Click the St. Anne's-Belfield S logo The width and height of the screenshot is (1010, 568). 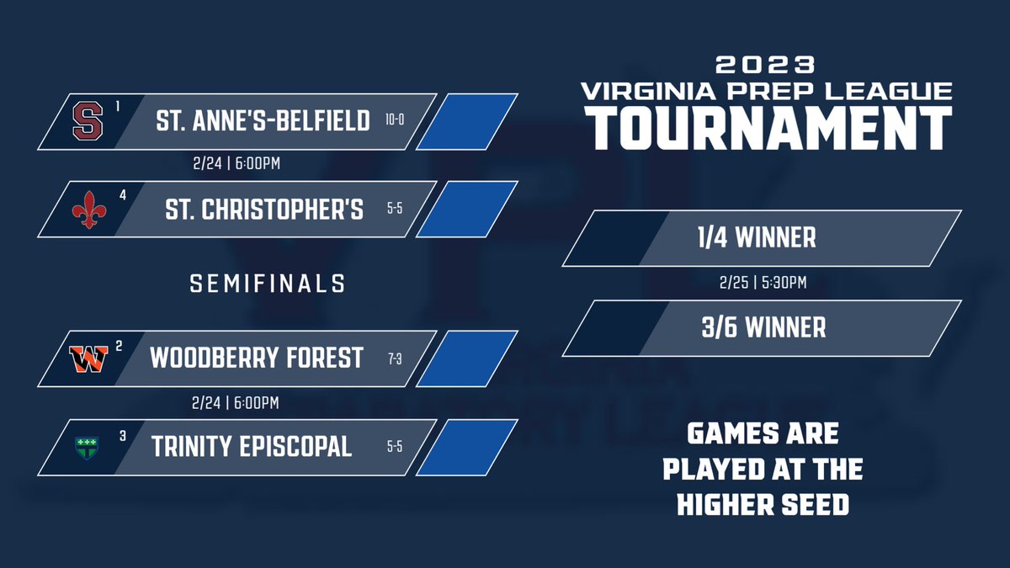click(83, 121)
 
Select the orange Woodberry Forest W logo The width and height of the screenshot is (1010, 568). click(87, 359)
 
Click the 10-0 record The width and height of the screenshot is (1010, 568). click(395, 120)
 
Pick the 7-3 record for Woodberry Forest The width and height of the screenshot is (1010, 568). click(395, 358)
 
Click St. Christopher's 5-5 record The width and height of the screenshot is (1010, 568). click(395, 210)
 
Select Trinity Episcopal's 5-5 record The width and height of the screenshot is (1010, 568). click(395, 447)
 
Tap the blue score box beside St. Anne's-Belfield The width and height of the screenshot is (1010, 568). click(466, 121)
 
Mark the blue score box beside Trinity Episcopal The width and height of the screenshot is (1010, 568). click(466, 447)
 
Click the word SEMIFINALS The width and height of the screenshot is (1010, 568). click(268, 284)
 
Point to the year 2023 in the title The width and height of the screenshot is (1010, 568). click(764, 65)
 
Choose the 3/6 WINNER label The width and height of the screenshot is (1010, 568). click(764, 327)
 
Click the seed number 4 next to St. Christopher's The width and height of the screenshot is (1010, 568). click(123, 194)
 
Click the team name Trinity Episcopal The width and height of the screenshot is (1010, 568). click(252, 447)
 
